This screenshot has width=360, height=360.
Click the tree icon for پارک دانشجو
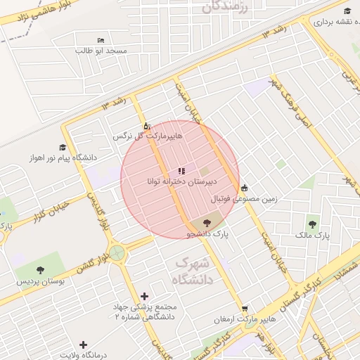click(206, 222)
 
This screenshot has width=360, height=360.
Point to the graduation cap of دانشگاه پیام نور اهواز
click(63, 148)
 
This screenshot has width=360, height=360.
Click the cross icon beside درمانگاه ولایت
click(83, 345)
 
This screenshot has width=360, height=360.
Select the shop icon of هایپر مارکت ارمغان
click(244, 309)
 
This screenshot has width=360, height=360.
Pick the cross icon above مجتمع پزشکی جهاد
click(145, 296)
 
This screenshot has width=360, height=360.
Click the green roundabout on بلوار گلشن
click(117, 252)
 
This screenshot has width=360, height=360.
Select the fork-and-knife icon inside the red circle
click(181, 171)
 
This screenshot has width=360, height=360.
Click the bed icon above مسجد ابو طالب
click(101, 39)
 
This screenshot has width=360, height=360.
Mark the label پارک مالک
click(314, 234)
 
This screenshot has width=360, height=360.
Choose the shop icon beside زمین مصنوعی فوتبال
click(243, 188)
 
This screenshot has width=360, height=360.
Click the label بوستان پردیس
click(40, 281)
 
